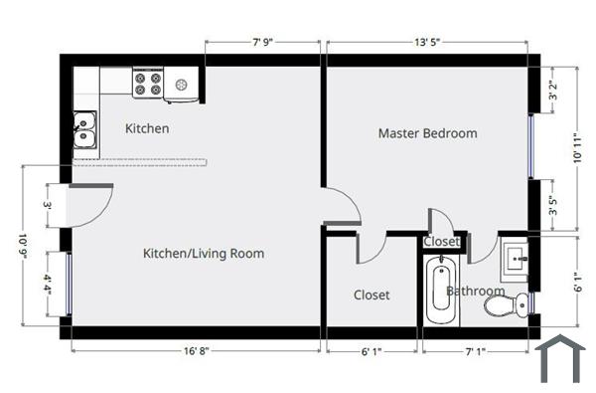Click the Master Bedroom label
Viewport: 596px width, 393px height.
point(427,133)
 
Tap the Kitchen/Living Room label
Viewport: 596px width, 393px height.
point(204,254)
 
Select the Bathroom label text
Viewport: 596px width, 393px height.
point(475,292)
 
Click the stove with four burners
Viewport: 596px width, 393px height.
point(148,84)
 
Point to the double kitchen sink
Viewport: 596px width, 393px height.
point(84,129)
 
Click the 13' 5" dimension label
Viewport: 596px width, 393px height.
point(427,43)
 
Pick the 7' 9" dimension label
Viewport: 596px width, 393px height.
point(262,43)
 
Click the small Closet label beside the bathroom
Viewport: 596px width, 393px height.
point(442,242)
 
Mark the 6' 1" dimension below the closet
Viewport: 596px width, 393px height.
point(370,351)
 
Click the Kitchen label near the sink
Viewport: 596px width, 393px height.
point(147,128)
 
